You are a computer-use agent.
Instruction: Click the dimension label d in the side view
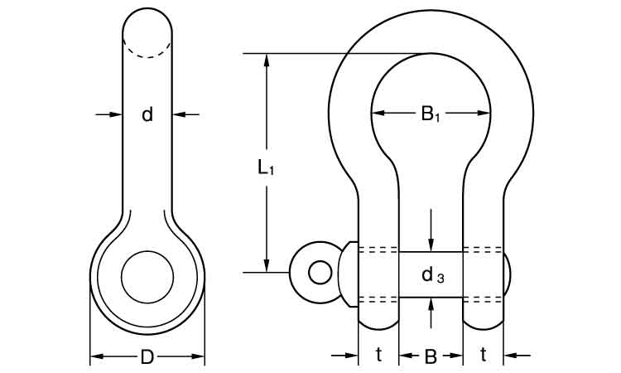(147, 114)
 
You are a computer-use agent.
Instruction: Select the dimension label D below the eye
(147, 357)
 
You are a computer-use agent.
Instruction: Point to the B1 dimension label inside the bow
(431, 114)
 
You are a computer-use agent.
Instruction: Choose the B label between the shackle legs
(431, 357)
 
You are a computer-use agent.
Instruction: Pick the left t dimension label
(378, 356)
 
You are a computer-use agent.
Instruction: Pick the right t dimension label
(483, 356)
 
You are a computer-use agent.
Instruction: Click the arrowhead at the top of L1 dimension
(267, 61)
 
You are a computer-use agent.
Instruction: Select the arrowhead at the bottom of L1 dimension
(267, 264)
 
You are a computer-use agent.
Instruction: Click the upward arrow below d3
(431, 305)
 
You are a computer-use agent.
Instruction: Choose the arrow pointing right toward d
(116, 114)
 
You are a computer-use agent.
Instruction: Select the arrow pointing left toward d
(180, 114)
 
